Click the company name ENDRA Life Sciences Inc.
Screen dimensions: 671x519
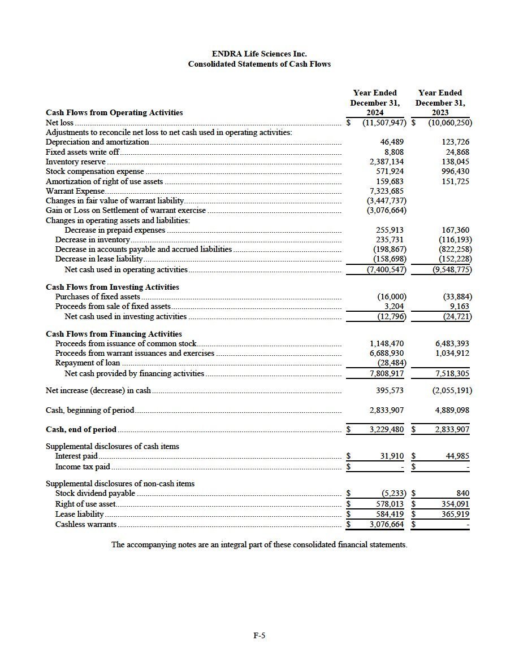[259, 54]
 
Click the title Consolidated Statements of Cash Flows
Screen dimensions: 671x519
[259, 64]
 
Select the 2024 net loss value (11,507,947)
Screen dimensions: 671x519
[384, 123]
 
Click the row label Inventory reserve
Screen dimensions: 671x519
[75, 162]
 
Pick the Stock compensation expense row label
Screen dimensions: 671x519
[94, 172]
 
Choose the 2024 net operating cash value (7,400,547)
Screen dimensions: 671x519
[384, 269]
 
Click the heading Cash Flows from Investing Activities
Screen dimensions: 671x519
[112, 287]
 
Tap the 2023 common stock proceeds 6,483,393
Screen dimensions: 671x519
[452, 343]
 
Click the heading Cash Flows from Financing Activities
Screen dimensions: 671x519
[114, 334]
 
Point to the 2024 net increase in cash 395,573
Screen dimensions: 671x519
[390, 390]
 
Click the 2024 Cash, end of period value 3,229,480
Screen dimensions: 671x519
[387, 429]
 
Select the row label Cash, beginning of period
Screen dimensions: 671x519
[90, 410]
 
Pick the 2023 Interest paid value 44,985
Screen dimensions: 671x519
[458, 456]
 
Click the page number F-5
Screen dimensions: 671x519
[259, 635]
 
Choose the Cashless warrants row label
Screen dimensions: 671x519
[86, 524]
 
